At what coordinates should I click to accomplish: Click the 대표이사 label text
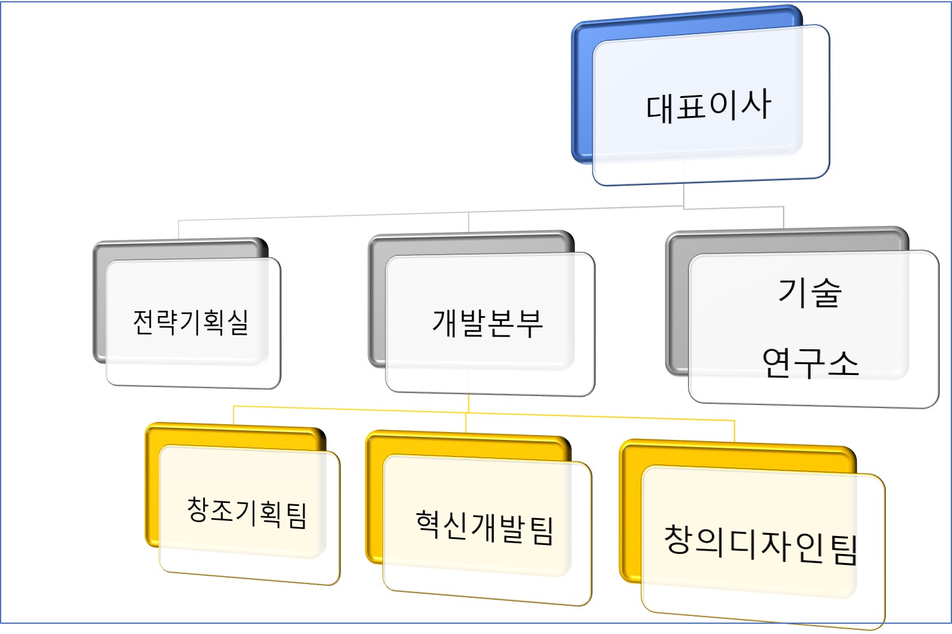click(x=708, y=106)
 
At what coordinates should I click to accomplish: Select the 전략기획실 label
click(x=191, y=322)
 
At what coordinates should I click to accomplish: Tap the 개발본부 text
click(x=488, y=323)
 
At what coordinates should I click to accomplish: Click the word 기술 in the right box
click(x=809, y=293)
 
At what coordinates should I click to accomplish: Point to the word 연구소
click(x=810, y=363)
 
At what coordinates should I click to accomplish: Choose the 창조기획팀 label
click(x=247, y=512)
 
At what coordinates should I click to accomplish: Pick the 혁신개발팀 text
click(x=485, y=527)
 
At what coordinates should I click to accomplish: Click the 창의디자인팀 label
click(x=761, y=544)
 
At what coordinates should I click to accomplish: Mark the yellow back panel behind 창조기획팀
click(x=152, y=487)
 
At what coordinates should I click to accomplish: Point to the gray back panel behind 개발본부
click(x=376, y=300)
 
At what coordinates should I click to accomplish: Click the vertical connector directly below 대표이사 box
click(x=684, y=196)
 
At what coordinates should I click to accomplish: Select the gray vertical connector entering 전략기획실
click(x=179, y=230)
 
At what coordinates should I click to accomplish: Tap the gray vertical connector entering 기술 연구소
click(x=783, y=217)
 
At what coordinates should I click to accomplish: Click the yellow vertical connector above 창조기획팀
click(x=233, y=415)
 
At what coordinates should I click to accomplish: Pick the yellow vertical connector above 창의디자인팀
click(x=734, y=431)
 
